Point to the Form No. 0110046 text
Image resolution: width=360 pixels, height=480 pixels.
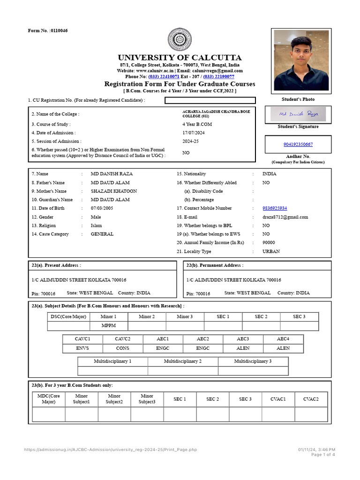click(x=48, y=30)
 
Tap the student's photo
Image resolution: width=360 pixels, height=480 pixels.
click(x=301, y=60)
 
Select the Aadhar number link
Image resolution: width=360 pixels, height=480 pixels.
click(x=298, y=144)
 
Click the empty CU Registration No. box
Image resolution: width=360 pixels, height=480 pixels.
click(x=210, y=100)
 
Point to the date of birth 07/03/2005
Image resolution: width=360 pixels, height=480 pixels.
click(x=102, y=208)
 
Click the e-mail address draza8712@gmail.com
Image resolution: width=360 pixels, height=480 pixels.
click(x=285, y=217)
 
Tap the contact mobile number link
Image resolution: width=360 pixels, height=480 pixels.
click(x=275, y=208)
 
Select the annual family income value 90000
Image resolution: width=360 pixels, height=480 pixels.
click(x=269, y=243)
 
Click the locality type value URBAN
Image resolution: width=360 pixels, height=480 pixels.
click(x=271, y=251)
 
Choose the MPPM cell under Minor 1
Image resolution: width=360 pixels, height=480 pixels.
click(x=108, y=325)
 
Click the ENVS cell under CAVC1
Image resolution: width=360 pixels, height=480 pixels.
click(x=82, y=348)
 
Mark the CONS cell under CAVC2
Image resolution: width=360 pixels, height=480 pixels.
click(x=122, y=348)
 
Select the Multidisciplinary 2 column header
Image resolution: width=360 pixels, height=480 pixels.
click(x=183, y=361)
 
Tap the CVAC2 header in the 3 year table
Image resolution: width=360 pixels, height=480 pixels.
click(x=310, y=399)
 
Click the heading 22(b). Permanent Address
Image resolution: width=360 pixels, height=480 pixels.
click(x=215, y=265)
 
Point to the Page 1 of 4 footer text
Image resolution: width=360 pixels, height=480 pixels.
click(x=323, y=455)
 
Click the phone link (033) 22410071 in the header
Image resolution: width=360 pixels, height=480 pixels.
click(x=164, y=76)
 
